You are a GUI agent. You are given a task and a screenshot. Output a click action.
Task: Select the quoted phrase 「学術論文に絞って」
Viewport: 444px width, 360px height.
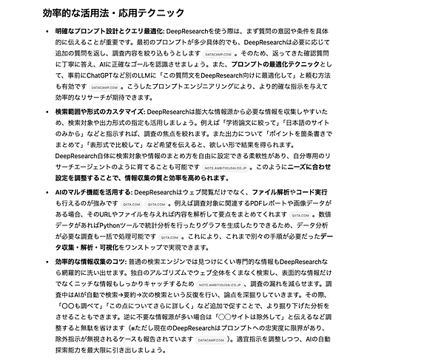(281, 122)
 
